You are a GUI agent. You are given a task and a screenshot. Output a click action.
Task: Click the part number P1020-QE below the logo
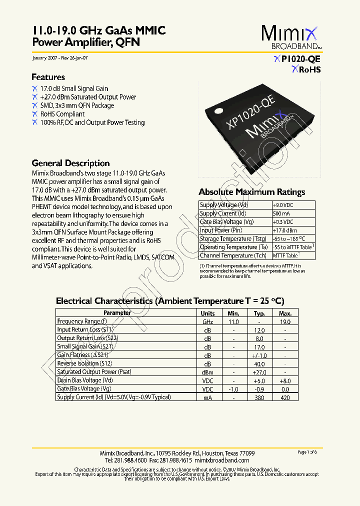tap(300, 59)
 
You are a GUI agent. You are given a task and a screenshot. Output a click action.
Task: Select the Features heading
tap(48, 77)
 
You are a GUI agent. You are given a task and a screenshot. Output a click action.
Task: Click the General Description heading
tap(70, 163)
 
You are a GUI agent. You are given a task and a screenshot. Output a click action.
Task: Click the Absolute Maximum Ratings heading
tap(251, 192)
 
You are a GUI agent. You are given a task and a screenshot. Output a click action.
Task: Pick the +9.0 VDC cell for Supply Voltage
tap(283, 205)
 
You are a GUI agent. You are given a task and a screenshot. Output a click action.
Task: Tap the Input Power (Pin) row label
tap(220, 230)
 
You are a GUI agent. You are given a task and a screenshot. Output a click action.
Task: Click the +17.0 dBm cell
tap(284, 230)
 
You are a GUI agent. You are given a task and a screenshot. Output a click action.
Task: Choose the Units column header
tap(207, 313)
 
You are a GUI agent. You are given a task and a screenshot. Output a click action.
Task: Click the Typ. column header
tap(259, 313)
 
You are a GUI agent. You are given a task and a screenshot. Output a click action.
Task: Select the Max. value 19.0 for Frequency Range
tap(285, 322)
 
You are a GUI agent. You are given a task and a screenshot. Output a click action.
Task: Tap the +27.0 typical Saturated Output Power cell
tap(259, 372)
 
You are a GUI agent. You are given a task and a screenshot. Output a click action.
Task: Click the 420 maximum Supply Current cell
tap(285, 397)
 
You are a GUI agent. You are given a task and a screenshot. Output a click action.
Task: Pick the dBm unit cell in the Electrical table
tap(207, 372)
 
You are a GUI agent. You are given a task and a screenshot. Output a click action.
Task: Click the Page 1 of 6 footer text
tap(307, 452)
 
